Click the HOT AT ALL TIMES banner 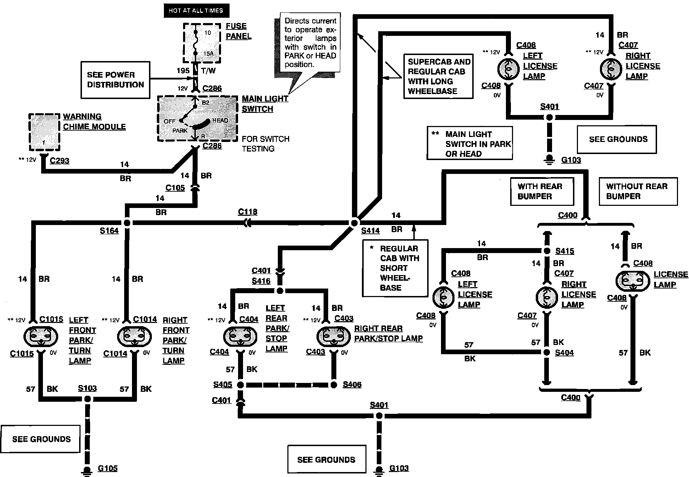pyautogui.click(x=196, y=11)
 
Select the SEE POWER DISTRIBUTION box pyautogui.click(x=115, y=80)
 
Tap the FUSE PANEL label pyautogui.click(x=238, y=31)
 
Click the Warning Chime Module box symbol pyautogui.click(x=44, y=132)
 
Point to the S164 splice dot pyautogui.click(x=127, y=223)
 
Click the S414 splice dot pyautogui.click(x=354, y=223)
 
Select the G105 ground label pyautogui.click(x=108, y=468)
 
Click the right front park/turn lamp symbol pyautogui.click(x=134, y=337)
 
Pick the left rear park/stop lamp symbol pyautogui.click(x=240, y=336)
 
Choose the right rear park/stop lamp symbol pyautogui.click(x=334, y=336)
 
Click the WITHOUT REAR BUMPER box pyautogui.click(x=638, y=191)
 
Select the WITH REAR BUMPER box pyautogui.click(x=542, y=191)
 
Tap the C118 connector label pyautogui.click(x=248, y=212)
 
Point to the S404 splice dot pyautogui.click(x=547, y=352)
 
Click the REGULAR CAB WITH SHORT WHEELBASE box pyautogui.click(x=395, y=268)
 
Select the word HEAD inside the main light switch pyautogui.click(x=220, y=121)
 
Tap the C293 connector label pyautogui.click(x=59, y=161)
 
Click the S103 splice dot pyautogui.click(x=87, y=399)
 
